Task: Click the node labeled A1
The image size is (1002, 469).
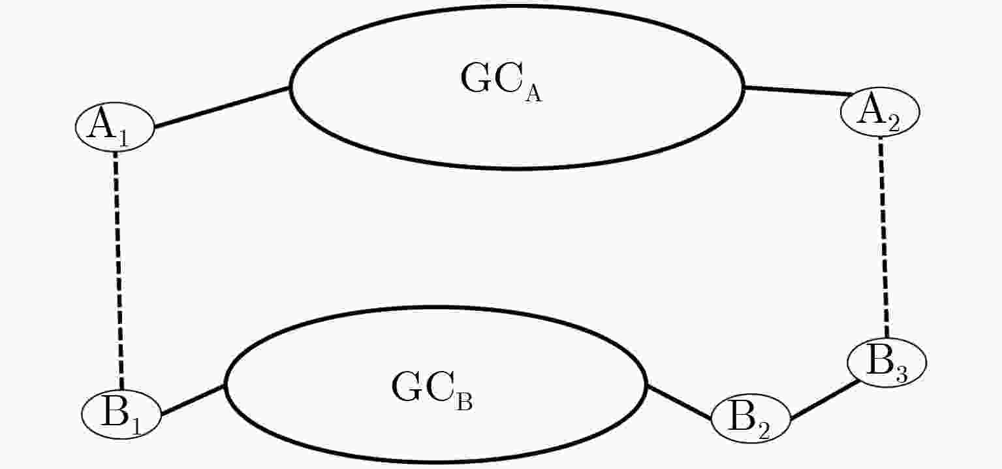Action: coord(114,127)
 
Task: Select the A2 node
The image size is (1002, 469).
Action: coord(881,112)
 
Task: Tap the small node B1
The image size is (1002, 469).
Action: coord(121,414)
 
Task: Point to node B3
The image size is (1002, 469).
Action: coord(887,363)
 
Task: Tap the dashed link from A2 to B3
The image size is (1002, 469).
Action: coord(883,237)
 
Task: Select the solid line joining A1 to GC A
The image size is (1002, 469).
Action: coord(222,107)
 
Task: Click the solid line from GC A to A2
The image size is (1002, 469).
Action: coord(798,90)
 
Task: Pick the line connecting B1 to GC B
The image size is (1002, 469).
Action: coord(193,400)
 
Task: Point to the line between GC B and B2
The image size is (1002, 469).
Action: coord(680,402)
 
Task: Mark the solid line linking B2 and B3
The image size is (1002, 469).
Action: coord(824,399)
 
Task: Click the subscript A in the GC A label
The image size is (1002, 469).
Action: coord(534,95)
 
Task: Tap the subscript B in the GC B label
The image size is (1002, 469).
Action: coord(464,403)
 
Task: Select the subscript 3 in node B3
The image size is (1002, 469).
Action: coord(901,375)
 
